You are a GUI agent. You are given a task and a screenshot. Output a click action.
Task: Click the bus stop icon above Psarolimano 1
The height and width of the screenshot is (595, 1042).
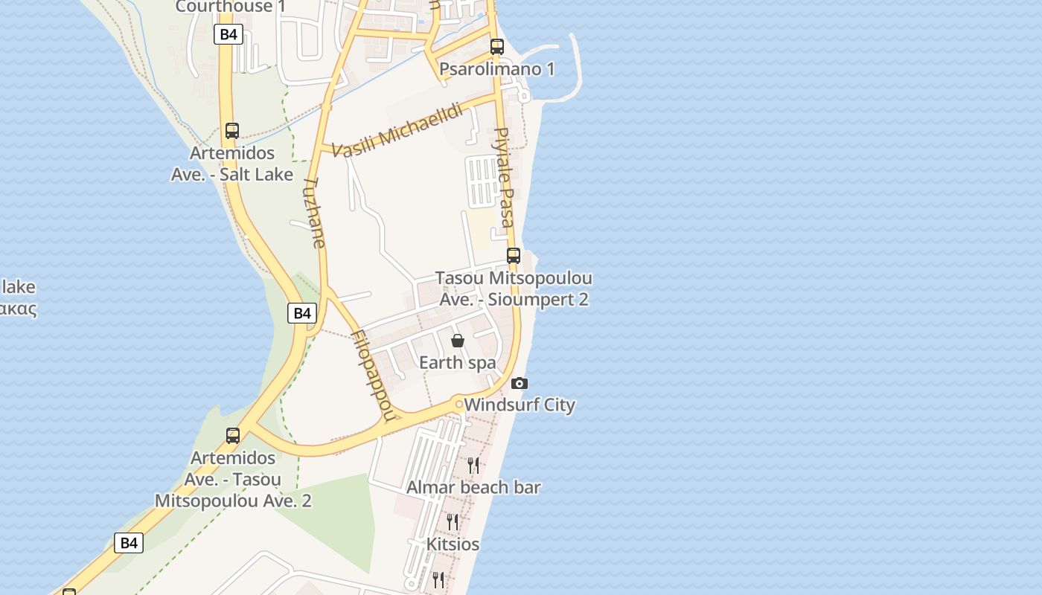coord(497,46)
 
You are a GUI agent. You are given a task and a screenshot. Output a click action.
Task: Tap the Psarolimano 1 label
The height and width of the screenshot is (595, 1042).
coord(497,69)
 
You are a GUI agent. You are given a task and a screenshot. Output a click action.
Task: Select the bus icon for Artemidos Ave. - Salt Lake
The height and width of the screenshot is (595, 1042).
coord(232,131)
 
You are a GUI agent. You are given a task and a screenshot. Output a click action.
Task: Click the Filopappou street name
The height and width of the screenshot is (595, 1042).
coord(371,376)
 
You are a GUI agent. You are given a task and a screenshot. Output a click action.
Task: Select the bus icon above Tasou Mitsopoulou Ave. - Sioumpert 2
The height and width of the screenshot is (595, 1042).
coord(514,256)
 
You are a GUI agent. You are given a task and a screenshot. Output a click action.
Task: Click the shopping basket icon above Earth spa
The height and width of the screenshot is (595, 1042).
coord(458,341)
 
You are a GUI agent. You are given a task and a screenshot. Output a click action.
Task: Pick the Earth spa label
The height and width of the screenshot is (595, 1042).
coord(458,363)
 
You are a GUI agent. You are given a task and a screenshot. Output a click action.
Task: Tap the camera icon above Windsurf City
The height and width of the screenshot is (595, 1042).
coord(520,384)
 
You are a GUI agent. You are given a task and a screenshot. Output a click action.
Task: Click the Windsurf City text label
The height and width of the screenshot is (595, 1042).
coord(520,405)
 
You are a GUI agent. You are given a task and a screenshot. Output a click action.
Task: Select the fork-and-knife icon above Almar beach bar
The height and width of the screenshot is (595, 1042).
coord(473,466)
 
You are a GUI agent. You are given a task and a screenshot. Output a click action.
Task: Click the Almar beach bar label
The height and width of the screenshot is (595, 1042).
coord(473,488)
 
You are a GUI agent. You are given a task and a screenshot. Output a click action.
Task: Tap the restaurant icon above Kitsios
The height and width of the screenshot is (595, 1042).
coord(453,521)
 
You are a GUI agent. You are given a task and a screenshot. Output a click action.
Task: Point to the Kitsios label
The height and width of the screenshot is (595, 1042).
coord(453,544)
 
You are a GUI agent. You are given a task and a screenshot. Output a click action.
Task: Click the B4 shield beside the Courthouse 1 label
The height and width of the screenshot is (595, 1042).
coord(228,34)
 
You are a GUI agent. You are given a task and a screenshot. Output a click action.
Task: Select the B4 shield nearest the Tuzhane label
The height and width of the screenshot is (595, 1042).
coord(302,313)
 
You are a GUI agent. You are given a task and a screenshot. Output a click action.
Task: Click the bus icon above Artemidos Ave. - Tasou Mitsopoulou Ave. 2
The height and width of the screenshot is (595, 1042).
coord(233,436)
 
